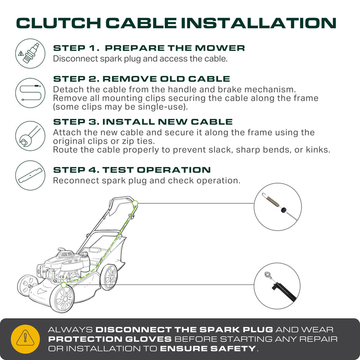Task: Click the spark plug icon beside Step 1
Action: tap(30, 54)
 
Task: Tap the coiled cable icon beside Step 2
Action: tap(30, 93)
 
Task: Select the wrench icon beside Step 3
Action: tap(30, 136)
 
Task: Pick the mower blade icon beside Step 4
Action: tap(30, 175)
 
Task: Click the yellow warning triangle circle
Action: tap(25, 339)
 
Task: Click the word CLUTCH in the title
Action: tap(58, 23)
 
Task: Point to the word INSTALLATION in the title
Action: tap(259, 23)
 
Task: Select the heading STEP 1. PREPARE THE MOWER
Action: tap(149, 48)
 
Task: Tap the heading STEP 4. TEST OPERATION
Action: tap(132, 170)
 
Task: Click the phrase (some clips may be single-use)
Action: tap(120, 107)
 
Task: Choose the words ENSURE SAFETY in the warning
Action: tap(208, 348)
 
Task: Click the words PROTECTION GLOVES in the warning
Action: tap(110, 339)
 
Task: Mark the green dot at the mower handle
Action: tap(135, 203)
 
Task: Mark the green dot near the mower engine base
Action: tap(63, 285)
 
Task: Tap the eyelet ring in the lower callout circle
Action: tap(268, 274)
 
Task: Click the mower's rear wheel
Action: tap(109, 277)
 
